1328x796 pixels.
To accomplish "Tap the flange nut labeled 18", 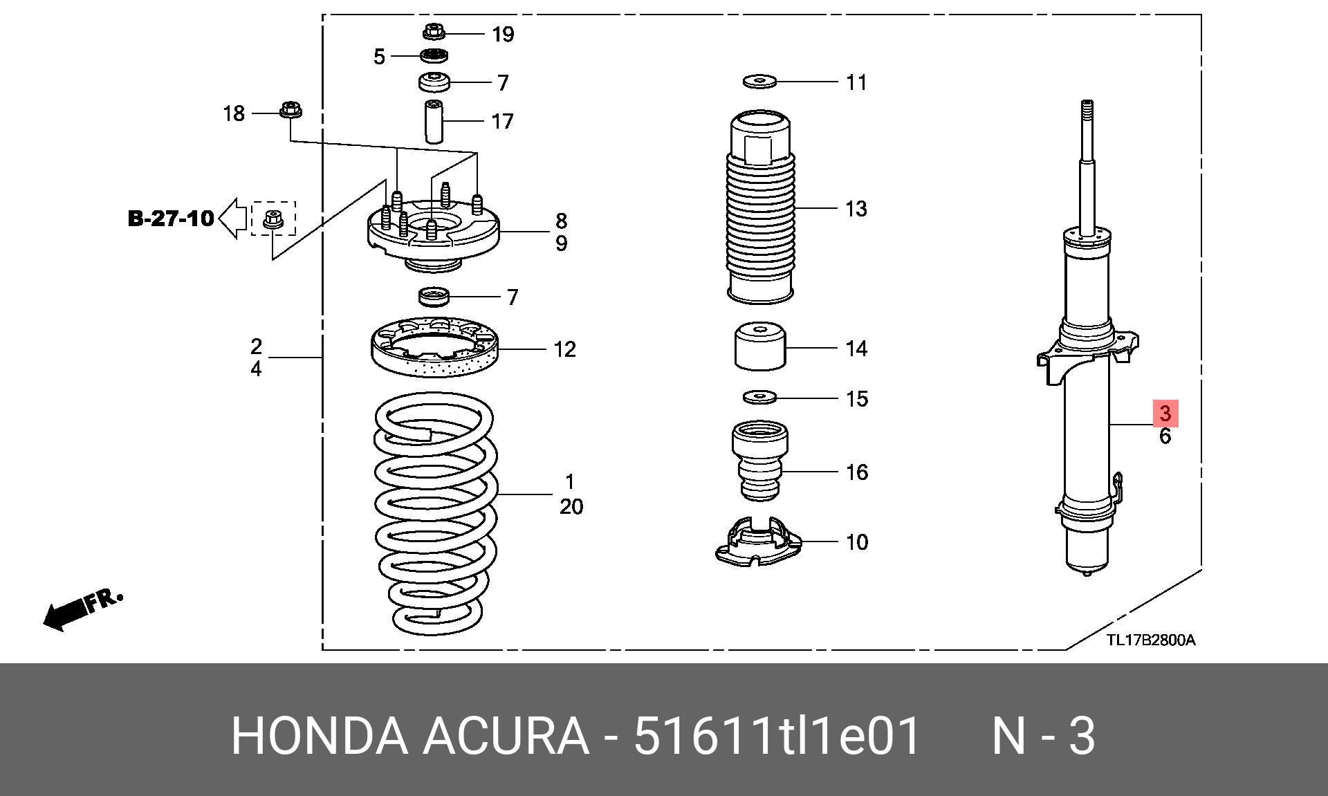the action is click(290, 110).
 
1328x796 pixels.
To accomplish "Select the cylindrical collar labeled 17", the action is click(434, 122).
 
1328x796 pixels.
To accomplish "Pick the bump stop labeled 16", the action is click(760, 461).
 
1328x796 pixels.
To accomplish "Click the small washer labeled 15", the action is click(760, 398).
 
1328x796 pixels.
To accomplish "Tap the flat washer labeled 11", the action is click(760, 82).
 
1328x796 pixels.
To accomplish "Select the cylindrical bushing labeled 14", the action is click(760, 346).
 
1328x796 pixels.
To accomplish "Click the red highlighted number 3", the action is click(1165, 414).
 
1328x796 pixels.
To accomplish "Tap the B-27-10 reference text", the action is click(171, 219).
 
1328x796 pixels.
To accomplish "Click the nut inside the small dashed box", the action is click(273, 219).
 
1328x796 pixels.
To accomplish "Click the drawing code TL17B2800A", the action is click(1151, 640).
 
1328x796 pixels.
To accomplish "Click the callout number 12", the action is click(564, 349).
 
